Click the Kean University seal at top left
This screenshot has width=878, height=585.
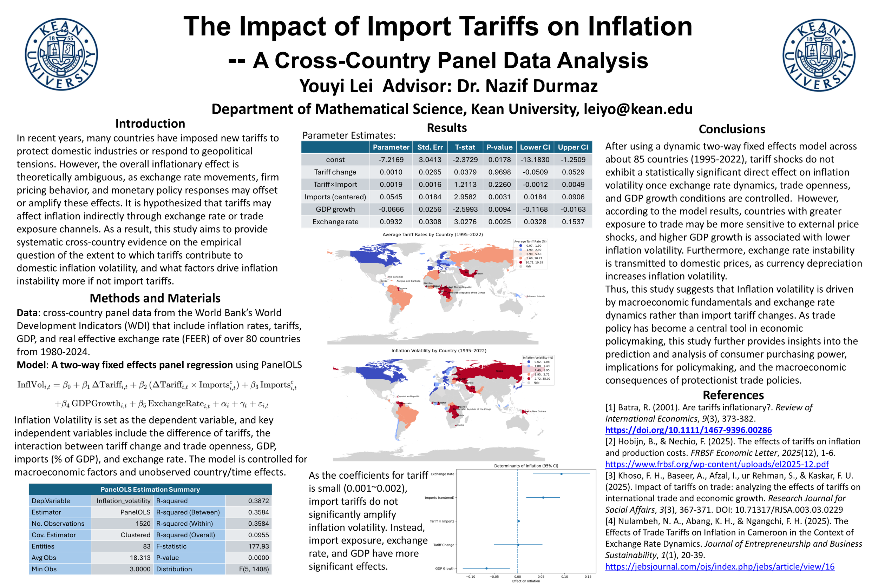(x=61, y=54)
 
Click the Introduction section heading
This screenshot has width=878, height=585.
(x=150, y=124)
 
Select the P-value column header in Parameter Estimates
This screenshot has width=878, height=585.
(x=499, y=147)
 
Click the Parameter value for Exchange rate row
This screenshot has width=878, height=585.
(x=391, y=222)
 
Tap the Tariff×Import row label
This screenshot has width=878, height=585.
(x=335, y=184)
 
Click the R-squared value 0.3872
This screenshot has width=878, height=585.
(x=258, y=501)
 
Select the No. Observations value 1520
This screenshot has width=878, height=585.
(x=143, y=524)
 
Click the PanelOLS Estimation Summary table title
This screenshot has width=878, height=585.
(x=150, y=489)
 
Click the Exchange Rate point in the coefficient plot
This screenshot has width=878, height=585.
(x=561, y=474)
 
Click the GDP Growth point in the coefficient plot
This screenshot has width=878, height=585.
(x=486, y=568)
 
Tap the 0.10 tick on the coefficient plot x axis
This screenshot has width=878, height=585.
(x=564, y=577)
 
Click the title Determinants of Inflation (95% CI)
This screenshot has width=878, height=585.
(x=526, y=466)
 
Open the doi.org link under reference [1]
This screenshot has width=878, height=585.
(x=688, y=430)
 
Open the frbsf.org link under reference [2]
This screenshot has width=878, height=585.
(x=716, y=464)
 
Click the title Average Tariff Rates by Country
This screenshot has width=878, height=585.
(x=432, y=234)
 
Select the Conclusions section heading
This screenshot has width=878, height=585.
(x=732, y=129)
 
